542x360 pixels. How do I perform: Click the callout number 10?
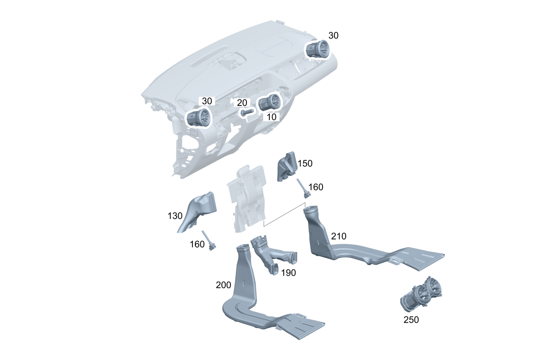coord(271,117)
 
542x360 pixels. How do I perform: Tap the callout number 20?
coord(242,103)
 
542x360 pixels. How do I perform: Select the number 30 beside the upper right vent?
coord(334,36)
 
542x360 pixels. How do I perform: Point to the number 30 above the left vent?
coord(207,101)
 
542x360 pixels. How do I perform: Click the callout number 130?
coord(175,216)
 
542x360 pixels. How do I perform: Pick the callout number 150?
coord(305,163)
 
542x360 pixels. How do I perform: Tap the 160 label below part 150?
coord(316,187)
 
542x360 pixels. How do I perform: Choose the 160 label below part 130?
coord(197,244)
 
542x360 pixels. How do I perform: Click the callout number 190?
coord(289,273)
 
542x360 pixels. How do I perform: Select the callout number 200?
coord(223,285)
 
